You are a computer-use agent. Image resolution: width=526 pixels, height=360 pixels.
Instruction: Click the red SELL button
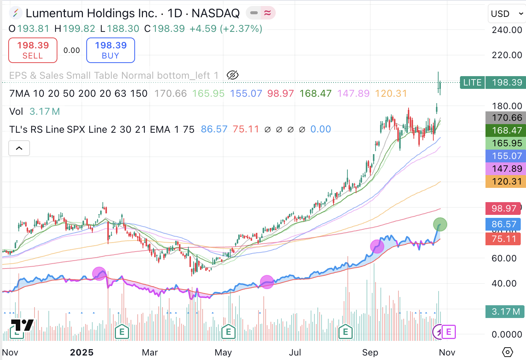coord(33,50)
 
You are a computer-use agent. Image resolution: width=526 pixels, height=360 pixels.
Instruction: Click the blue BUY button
coord(111,50)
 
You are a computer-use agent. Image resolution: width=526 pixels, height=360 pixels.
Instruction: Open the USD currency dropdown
coord(507,14)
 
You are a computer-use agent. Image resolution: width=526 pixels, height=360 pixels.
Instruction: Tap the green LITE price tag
coord(472,82)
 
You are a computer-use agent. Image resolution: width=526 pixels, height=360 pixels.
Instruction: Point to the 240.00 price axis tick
coord(506,30)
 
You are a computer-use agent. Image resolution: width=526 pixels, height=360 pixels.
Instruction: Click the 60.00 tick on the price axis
coord(504,258)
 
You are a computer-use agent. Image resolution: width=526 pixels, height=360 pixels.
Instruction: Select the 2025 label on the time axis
coord(82,352)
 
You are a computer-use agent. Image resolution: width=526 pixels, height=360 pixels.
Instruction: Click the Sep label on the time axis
coord(370,352)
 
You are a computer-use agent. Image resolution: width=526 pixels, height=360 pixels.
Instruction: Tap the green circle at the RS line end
coord(440,225)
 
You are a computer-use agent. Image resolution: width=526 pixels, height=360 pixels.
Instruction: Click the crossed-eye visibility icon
coord(233,75)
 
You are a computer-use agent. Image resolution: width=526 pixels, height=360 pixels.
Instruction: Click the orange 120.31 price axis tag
coord(505,181)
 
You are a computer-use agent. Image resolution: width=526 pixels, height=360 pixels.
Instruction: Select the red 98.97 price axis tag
coord(503,208)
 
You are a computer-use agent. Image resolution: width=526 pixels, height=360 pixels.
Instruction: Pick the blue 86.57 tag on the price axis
coord(503,224)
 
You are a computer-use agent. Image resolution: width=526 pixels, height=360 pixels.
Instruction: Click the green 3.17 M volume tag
coord(505,312)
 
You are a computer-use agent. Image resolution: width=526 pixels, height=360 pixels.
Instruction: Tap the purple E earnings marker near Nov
coord(449,332)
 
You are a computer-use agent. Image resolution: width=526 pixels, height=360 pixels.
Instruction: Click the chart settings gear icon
coord(507,352)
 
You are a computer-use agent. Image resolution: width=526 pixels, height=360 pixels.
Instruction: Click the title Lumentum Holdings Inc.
coord(91,13)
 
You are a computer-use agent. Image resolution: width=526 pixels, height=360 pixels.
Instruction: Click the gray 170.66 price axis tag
coord(505,118)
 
